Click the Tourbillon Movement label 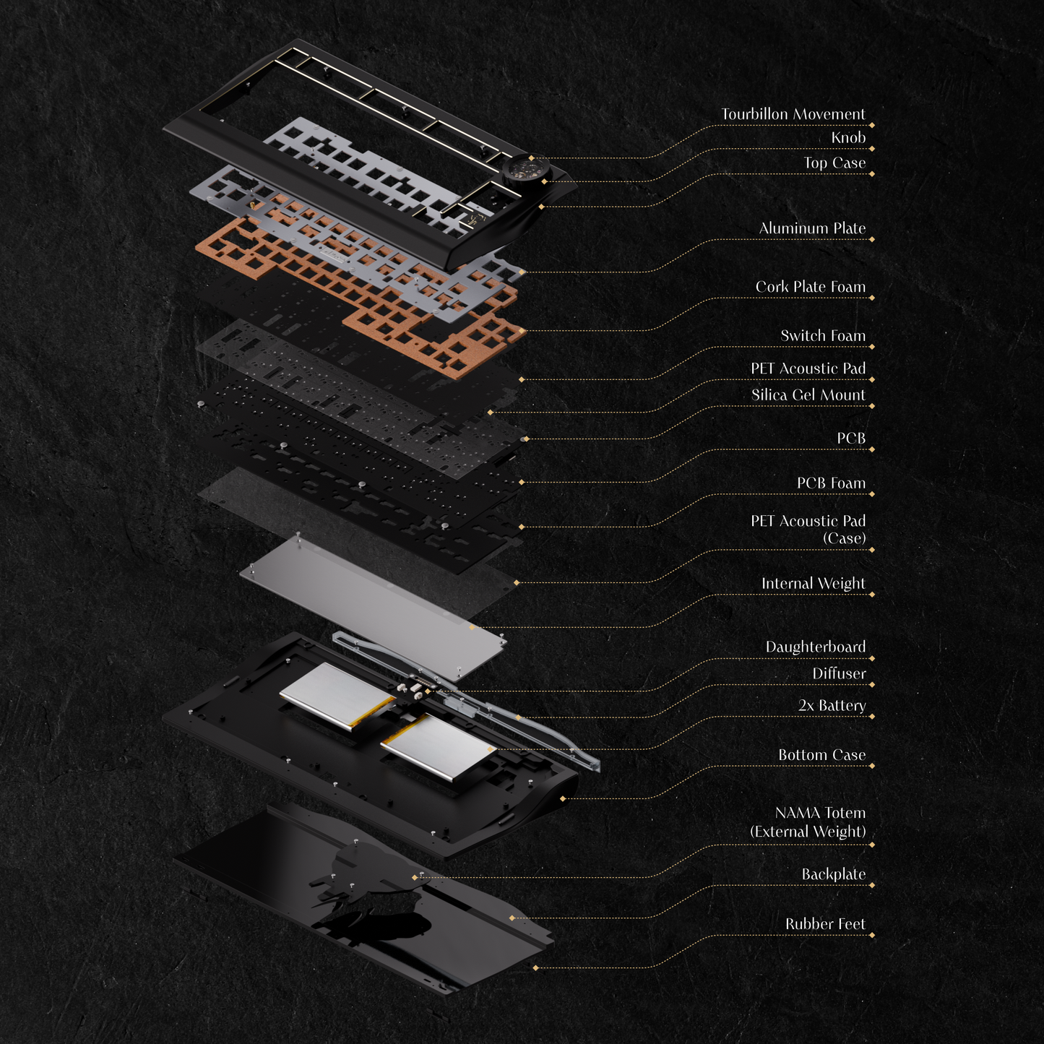coord(793,114)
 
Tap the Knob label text coord(847,137)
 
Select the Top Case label coord(834,163)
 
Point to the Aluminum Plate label coord(812,228)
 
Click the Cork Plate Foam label coord(810,287)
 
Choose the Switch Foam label coord(822,335)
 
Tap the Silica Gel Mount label coord(808,394)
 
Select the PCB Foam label coord(831,483)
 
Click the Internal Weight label coord(813,583)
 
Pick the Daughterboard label coord(815,647)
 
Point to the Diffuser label coord(838,673)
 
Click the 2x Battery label coord(832,705)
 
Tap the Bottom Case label coord(821,755)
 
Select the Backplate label coord(833,874)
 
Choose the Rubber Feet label coord(825,924)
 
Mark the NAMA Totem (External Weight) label coord(808,822)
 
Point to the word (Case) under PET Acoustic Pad coord(844,538)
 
